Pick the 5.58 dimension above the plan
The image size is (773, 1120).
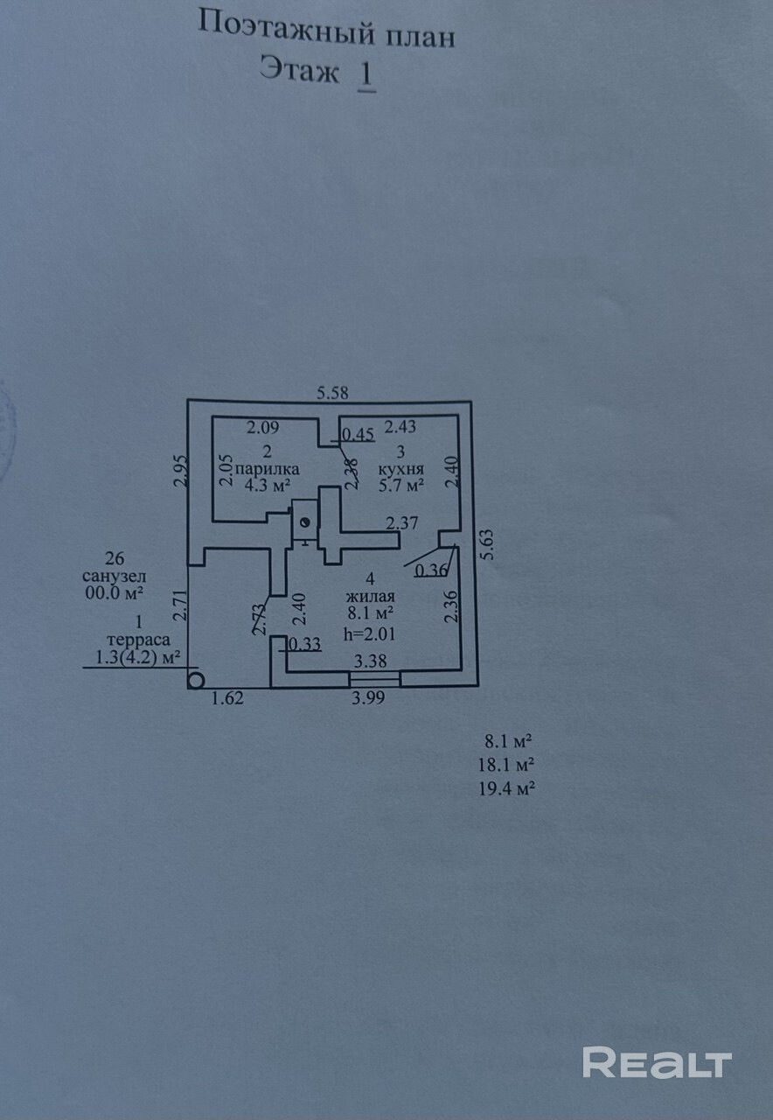coord(332,394)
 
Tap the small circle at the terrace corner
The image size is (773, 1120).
coord(196,679)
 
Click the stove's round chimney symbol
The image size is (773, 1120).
coord(305,522)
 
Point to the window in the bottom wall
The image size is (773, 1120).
coord(375,679)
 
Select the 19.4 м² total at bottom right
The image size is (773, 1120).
coord(505,788)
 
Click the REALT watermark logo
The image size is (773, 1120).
coord(657,1062)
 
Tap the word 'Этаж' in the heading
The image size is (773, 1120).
coord(300,70)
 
